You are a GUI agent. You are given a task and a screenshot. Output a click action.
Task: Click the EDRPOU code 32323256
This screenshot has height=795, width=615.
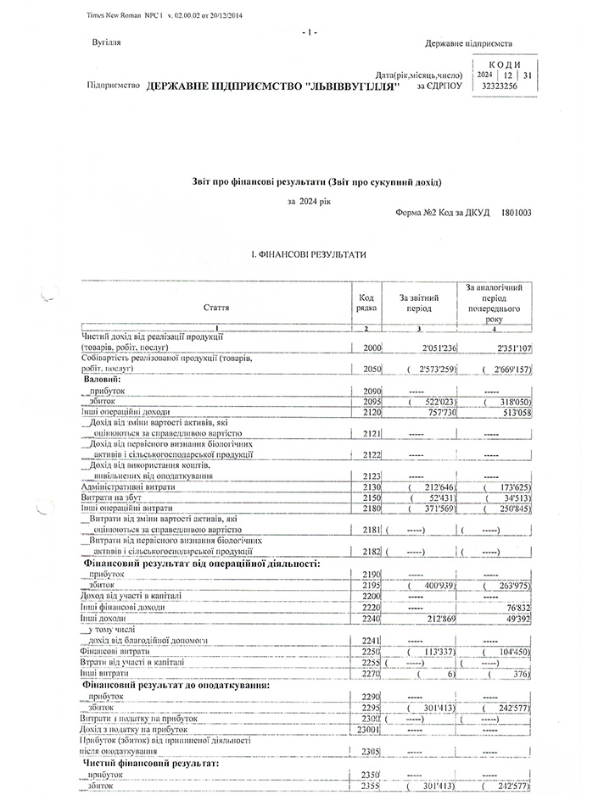click(x=498, y=86)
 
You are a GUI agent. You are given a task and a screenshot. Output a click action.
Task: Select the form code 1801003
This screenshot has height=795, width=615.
click(x=517, y=214)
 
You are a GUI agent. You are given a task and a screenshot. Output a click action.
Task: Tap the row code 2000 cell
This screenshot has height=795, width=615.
click(x=371, y=347)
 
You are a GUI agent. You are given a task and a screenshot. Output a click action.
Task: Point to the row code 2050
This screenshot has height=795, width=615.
click(x=371, y=370)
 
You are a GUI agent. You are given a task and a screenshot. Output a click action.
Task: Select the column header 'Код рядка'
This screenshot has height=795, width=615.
click(x=366, y=303)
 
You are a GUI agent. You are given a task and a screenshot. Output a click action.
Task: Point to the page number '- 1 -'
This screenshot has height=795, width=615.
click(x=309, y=32)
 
